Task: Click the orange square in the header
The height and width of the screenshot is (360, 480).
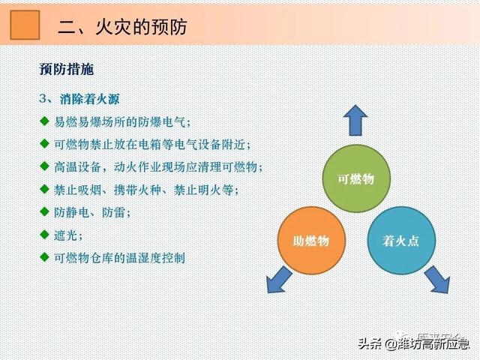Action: click(x=25, y=25)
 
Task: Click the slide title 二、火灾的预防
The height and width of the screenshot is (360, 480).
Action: click(x=122, y=27)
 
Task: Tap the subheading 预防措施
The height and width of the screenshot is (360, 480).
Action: click(x=67, y=69)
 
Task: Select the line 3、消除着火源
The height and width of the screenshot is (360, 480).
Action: click(x=79, y=99)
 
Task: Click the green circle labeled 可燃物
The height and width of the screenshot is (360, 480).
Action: click(x=356, y=178)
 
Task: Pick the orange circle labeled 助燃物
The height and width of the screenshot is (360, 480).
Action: click(x=311, y=241)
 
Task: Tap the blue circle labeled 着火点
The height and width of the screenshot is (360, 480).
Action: click(x=401, y=241)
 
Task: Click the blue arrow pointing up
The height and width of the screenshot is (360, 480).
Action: click(x=355, y=120)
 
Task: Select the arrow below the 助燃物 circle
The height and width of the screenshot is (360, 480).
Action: click(x=278, y=280)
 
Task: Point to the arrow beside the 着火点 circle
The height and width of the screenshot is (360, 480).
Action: click(x=437, y=280)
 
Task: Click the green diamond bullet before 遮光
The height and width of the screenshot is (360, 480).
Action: click(x=44, y=235)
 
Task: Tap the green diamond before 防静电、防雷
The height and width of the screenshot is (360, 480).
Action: click(x=44, y=211)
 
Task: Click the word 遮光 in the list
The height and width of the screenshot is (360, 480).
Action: click(x=65, y=235)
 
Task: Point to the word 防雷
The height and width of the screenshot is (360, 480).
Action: click(x=113, y=212)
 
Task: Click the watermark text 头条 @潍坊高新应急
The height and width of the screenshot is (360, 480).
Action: click(x=413, y=343)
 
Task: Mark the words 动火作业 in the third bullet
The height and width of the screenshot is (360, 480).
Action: click(x=136, y=166)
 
